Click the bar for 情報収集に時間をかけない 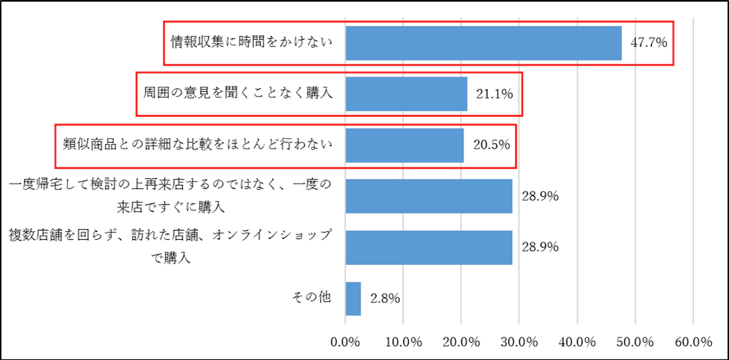tap(483, 44)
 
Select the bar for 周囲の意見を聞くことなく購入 tap(406, 94)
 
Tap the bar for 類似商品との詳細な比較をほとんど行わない tap(404, 145)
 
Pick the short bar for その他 tap(353, 299)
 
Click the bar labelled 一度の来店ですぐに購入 tap(429, 196)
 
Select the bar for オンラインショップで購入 tap(429, 247)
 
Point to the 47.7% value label tap(649, 44)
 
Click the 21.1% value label tap(495, 94)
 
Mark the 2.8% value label tap(386, 299)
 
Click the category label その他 tap(312, 297)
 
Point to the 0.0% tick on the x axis tap(345, 342)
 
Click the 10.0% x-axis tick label tap(403, 342)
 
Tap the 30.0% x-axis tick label tap(519, 342)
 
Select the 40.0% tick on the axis tap(577, 342)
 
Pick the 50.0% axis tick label tap(635, 342)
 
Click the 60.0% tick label tap(693, 342)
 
